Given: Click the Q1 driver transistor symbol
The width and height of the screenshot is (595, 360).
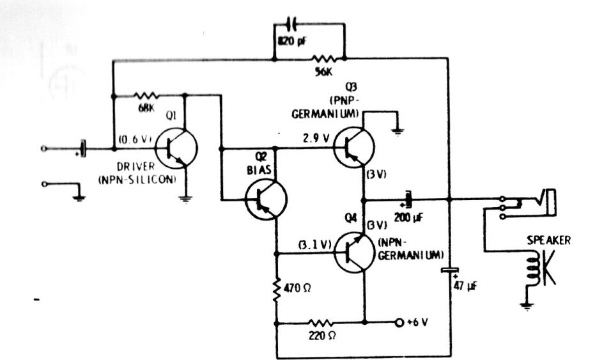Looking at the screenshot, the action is (x=177, y=148).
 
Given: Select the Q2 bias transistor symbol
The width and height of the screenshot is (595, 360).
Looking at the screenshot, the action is (x=266, y=200).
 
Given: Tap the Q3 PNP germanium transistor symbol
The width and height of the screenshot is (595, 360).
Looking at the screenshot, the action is (x=353, y=147).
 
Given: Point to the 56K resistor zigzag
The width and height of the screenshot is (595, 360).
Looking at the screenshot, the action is (x=323, y=59).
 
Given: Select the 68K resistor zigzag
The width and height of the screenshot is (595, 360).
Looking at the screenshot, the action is (x=146, y=96).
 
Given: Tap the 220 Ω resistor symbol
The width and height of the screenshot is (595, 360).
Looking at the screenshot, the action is (x=321, y=323).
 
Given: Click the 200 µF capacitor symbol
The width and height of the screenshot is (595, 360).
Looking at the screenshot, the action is (x=408, y=199).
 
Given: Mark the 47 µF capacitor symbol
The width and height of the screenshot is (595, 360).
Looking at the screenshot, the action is (x=450, y=270).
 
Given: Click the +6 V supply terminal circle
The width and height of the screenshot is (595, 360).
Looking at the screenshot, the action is (x=399, y=322).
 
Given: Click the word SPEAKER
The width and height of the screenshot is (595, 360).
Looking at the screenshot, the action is (x=549, y=240).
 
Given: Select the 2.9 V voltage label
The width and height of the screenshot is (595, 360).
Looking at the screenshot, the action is (x=316, y=139).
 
